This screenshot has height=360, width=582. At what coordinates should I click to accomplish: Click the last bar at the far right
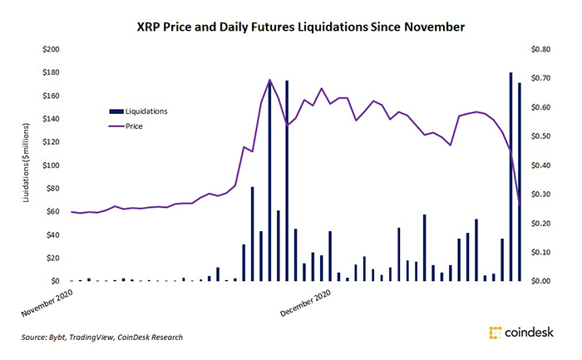[520, 182]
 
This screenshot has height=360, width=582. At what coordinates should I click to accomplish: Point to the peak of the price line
[269, 81]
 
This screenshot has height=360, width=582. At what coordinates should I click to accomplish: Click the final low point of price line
[520, 205]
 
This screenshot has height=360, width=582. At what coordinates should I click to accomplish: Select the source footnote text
[102, 337]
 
